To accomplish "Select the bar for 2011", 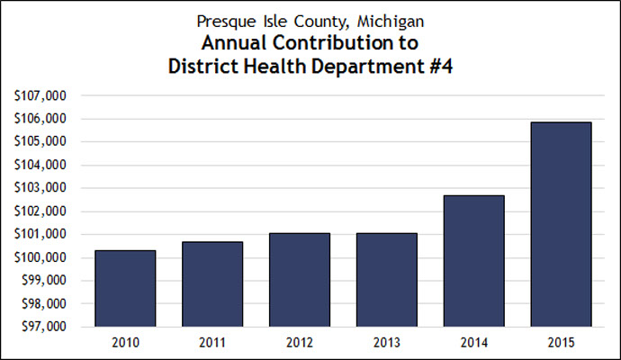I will (211, 284).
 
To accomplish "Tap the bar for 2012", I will (299, 280).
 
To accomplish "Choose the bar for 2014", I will (473, 261).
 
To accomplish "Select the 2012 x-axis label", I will (299, 343).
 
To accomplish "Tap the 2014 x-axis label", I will (473, 343).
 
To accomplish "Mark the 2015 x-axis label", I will (561, 343).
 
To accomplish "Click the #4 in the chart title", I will (437, 66).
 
